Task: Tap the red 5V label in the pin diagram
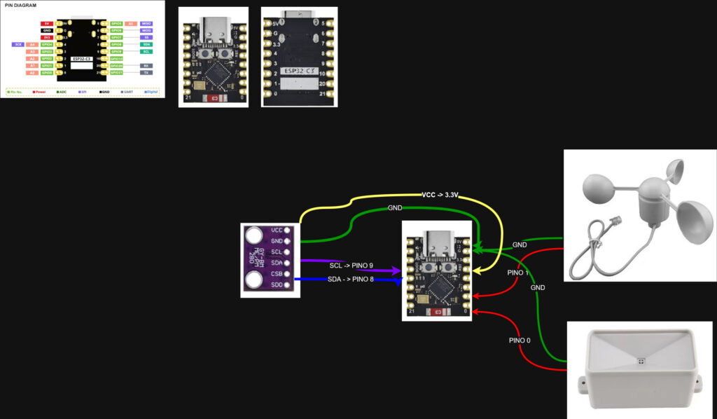(x=47, y=23)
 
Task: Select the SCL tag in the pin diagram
(x=146, y=51)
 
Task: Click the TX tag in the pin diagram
(x=146, y=72)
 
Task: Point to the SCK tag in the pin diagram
(x=18, y=44)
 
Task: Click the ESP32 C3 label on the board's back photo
(x=299, y=70)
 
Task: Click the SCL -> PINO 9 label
(x=351, y=266)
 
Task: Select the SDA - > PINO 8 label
(x=351, y=280)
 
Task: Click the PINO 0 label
(x=520, y=340)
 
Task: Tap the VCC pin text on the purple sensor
(x=276, y=230)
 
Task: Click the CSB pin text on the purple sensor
(x=276, y=275)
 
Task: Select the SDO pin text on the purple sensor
(x=276, y=286)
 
